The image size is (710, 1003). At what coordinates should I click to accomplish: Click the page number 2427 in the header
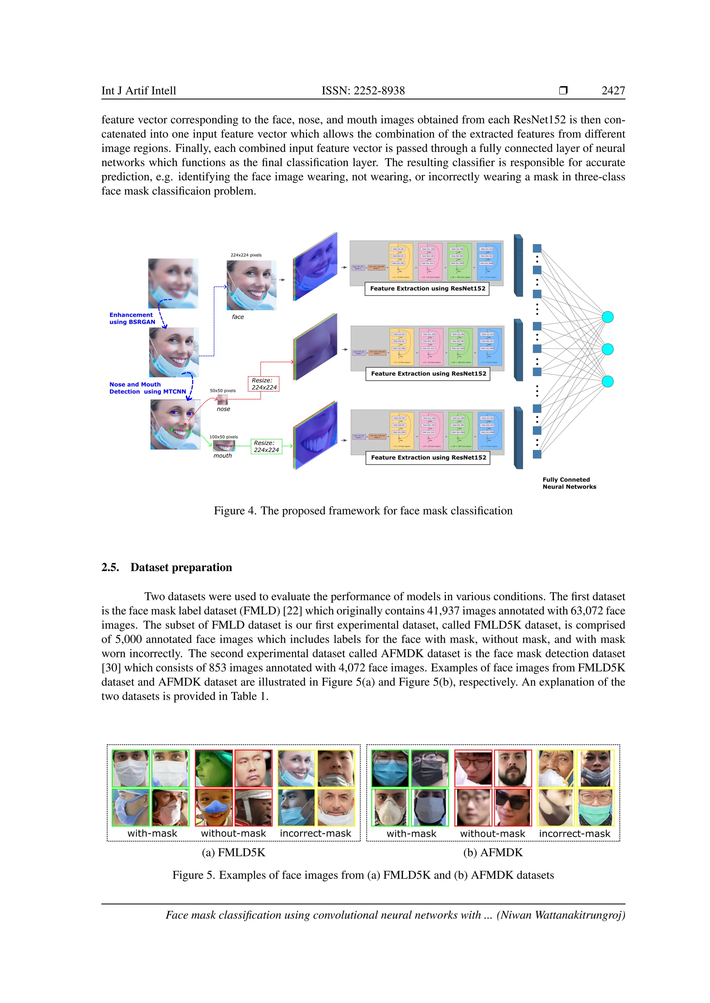point(613,90)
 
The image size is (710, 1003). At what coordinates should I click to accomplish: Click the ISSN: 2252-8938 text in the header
point(363,90)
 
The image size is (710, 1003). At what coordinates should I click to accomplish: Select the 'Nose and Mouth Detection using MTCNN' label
point(147,388)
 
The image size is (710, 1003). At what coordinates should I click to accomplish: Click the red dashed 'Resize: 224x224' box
point(263,384)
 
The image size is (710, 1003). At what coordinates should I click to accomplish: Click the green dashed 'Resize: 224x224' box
point(266,446)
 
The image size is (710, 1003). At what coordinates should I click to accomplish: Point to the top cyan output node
point(607,317)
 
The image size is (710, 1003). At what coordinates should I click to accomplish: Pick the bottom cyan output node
point(607,381)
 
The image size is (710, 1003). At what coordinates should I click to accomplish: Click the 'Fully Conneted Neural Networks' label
point(569,483)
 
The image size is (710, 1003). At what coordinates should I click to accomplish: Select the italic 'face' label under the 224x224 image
point(238,317)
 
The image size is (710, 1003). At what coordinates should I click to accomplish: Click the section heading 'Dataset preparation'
point(181,567)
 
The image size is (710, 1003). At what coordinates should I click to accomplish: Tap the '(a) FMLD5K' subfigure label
point(233,852)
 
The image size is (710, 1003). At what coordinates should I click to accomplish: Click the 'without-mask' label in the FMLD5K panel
point(233,834)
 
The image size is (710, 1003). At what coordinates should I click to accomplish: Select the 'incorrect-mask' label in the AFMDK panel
point(574,834)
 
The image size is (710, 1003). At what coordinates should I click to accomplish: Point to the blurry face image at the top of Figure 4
point(173,283)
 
